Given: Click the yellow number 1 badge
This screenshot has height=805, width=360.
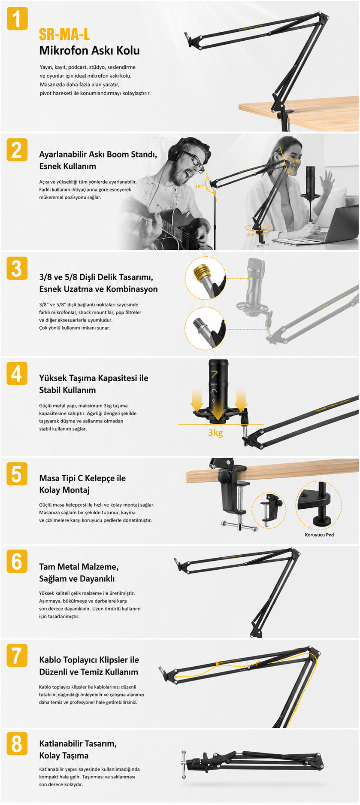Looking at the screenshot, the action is pyautogui.click(x=17, y=19).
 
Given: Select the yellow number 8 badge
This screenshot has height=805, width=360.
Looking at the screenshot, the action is pyautogui.click(x=17, y=743).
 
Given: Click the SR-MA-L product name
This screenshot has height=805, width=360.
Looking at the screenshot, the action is pyautogui.click(x=64, y=34).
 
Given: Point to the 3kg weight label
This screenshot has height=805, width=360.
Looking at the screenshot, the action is pyautogui.click(x=215, y=432).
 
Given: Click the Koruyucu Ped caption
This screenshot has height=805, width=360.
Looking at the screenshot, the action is pyautogui.click(x=319, y=535).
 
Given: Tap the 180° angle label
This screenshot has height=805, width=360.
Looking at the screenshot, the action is pyautogui.click(x=200, y=186).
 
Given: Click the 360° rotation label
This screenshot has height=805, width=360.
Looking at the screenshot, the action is pyautogui.click(x=251, y=234).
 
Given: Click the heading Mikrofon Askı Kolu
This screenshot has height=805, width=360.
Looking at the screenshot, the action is pyautogui.click(x=89, y=51).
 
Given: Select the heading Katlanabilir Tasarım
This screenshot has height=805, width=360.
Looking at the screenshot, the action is pyautogui.click(x=78, y=744).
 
